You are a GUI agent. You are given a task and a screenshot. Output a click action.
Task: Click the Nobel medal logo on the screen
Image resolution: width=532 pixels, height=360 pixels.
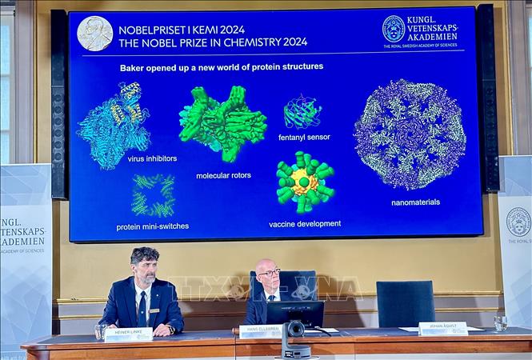coord(94,34)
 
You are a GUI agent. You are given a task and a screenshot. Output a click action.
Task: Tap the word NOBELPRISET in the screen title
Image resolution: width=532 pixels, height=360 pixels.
coord(157,30)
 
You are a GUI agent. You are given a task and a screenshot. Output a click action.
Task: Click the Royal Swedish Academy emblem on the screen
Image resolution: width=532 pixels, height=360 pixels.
coord(393,29)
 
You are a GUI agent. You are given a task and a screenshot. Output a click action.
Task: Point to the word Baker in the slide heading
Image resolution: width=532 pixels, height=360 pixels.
coord(134,67)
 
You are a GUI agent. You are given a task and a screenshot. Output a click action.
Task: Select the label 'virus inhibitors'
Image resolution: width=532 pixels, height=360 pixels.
coord(152,158)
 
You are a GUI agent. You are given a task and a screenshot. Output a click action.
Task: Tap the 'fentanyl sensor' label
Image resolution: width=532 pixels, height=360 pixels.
coord(304,137)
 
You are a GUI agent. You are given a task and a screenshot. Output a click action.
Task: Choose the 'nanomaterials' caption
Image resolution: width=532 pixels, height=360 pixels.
coord(415,202)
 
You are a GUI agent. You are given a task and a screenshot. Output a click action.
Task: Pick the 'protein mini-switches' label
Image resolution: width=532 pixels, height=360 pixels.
coord(152,226)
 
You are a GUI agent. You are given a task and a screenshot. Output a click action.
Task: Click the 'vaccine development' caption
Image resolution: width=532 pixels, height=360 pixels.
coord(305,224)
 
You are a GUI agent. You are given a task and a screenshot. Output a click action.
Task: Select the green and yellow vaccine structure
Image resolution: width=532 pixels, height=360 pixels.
coord(305,182)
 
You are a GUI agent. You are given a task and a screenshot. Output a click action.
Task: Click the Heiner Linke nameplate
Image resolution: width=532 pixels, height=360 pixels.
coord(128,334)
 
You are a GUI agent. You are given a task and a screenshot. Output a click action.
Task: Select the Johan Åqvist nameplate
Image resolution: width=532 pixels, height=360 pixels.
coord(443,328)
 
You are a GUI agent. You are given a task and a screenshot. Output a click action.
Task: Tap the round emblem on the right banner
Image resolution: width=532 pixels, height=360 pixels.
coord(518,222)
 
